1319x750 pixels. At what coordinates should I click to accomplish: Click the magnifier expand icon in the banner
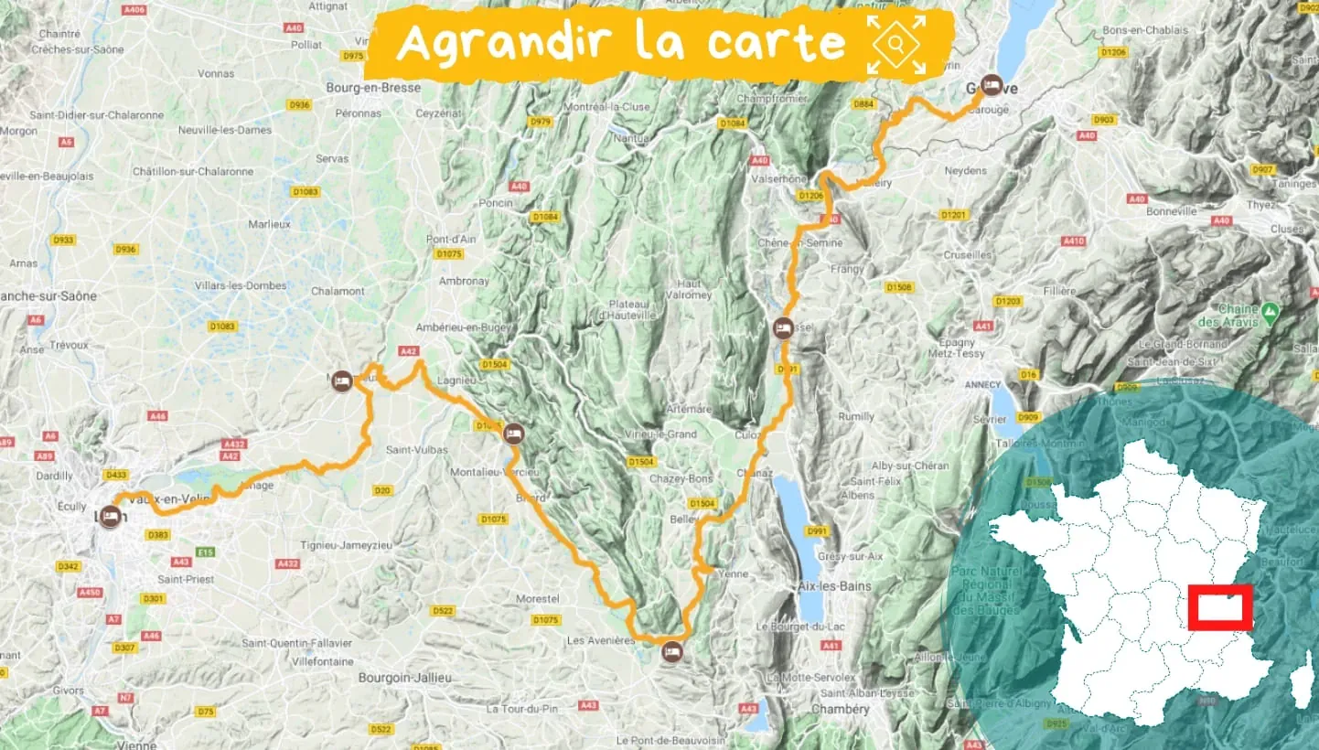coord(896,44)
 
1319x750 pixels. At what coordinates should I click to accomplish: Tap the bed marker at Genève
coord(991,87)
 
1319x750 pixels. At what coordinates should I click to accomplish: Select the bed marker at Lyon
coord(110,517)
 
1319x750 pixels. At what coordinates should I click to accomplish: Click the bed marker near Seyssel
coord(782,327)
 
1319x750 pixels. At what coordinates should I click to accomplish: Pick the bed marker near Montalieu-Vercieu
coord(513,434)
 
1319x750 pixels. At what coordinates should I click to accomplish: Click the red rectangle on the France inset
coord(1220,607)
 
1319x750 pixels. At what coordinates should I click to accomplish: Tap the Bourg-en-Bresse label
coord(373,88)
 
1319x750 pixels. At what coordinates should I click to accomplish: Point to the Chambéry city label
coord(840,710)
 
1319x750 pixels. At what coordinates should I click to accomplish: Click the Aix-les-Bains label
coord(834,585)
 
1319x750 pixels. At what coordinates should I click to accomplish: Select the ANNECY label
coord(983,385)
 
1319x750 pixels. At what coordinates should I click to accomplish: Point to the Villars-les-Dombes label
coord(241,285)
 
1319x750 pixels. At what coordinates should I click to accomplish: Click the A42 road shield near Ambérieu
coord(408,350)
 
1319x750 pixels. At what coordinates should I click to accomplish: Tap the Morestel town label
coord(537,598)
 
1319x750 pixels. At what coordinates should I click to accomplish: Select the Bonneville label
coord(1174,210)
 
